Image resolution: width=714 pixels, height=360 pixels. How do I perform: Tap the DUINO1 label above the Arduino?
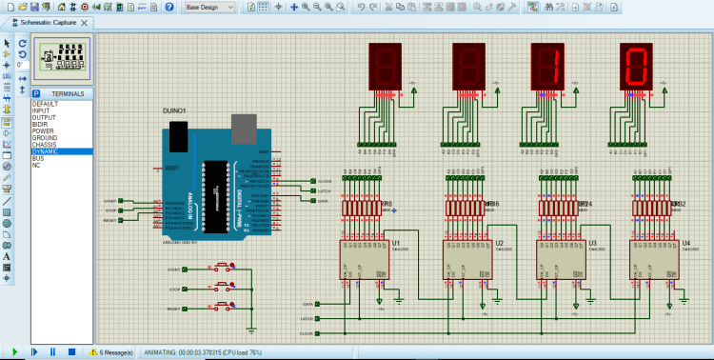click(173, 110)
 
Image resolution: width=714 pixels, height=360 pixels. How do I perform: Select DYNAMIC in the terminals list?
click(46, 151)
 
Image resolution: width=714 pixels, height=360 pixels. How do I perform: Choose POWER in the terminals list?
click(44, 130)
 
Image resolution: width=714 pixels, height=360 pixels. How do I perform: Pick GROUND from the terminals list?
click(46, 137)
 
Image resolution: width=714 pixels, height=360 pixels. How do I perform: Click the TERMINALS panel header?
click(67, 93)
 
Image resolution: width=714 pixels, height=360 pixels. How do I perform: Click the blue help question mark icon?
click(169, 7)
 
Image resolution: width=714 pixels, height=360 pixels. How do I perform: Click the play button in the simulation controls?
click(14, 352)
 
